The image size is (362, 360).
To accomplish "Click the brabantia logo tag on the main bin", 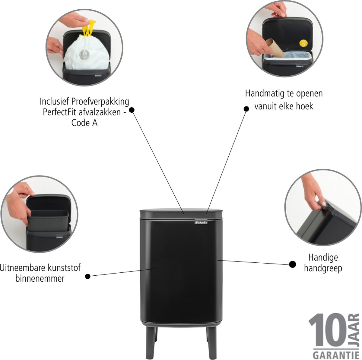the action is [x=201, y=222].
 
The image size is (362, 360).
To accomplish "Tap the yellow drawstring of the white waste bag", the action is [x=89, y=28].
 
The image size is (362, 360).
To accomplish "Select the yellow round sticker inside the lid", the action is [x=303, y=43].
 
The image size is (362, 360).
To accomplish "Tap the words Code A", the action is [x=84, y=123].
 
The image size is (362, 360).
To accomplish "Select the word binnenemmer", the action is [x=40, y=278].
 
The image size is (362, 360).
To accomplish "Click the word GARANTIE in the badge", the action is [x=336, y=355].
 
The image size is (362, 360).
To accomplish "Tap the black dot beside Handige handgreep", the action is [x=293, y=264].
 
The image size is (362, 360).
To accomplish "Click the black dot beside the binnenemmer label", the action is [x=88, y=276].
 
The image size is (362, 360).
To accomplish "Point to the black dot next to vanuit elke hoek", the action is [x=246, y=109].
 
